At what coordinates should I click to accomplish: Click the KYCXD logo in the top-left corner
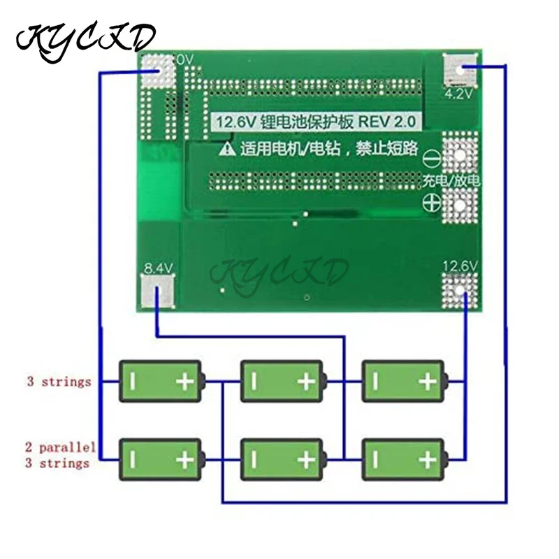click(85, 38)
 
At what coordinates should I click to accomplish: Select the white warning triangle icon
click(228, 148)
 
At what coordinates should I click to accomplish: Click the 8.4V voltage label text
click(157, 267)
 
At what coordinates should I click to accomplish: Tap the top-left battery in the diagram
click(161, 381)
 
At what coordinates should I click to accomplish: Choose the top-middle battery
click(282, 381)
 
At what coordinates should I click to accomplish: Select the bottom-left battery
click(161, 459)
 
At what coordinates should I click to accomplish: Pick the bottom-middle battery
click(282, 459)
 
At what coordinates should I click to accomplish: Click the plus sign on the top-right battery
click(428, 381)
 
